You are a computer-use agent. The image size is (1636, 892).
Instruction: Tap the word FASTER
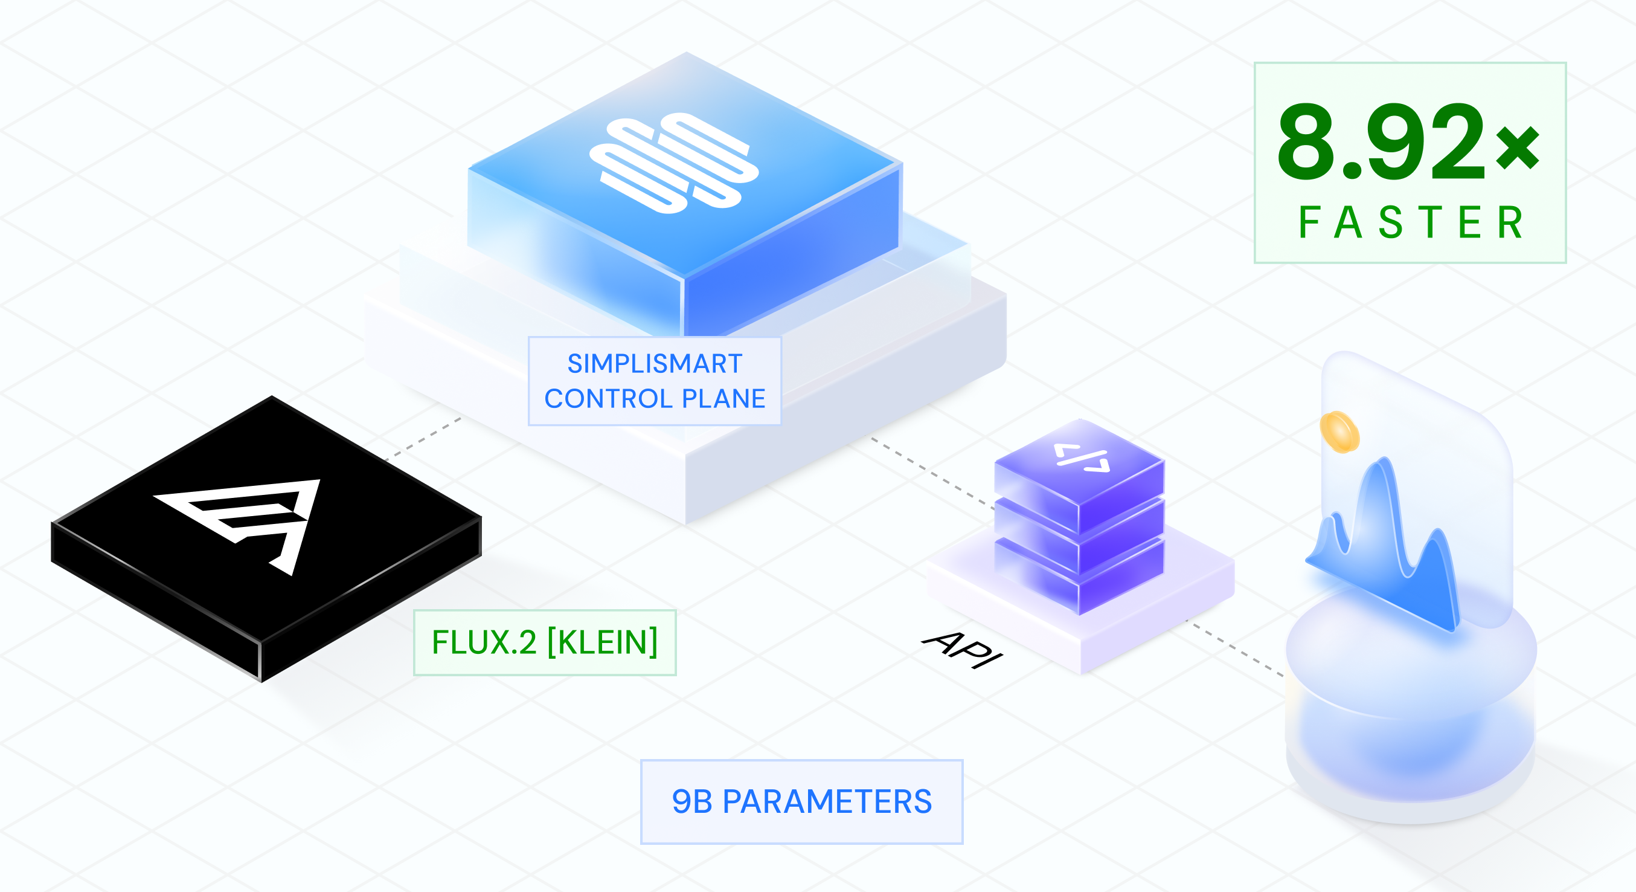tap(1411, 223)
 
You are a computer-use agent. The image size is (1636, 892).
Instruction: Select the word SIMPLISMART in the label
tap(655, 363)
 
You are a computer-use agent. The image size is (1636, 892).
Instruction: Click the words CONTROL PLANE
tap(655, 399)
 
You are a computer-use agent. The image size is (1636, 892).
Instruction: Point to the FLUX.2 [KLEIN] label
tap(545, 642)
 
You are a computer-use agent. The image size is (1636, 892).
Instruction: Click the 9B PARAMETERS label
tap(801, 801)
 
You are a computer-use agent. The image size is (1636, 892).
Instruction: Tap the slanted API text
tap(962, 649)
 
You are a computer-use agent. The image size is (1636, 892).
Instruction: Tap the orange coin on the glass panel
tap(1339, 432)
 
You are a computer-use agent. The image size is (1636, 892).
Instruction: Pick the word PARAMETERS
tap(827, 801)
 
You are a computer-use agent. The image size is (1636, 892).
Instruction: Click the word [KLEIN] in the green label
tap(602, 642)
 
